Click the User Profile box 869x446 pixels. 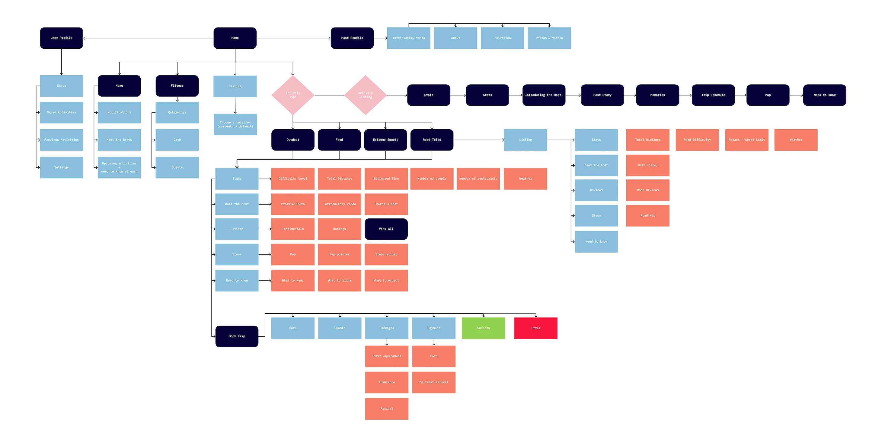pos(61,38)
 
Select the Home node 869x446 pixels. pos(235,38)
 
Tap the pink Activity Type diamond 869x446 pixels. pos(293,95)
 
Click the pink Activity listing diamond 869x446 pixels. pos(365,95)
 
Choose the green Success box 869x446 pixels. pos(483,328)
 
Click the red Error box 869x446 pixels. pos(535,328)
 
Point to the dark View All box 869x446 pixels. pos(386,229)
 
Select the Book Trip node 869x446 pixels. pos(237,336)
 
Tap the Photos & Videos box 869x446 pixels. pos(549,38)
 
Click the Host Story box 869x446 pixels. pos(602,95)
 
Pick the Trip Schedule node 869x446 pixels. pos(713,95)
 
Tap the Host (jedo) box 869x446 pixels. pos(647,165)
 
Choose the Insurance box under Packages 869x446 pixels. pos(387,382)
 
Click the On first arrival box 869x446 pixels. pos(433,382)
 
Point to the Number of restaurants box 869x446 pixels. pos(478,179)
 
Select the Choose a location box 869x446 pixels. pos(235,124)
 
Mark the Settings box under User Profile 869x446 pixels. pos(61,167)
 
